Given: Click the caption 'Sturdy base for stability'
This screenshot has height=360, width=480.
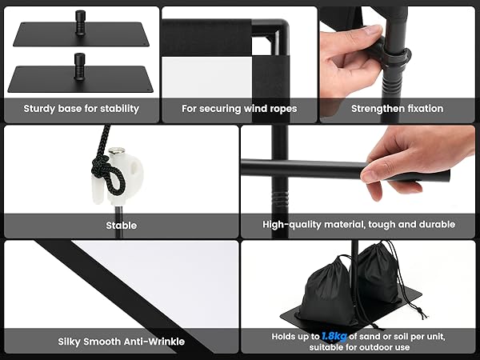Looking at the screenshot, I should (81, 109).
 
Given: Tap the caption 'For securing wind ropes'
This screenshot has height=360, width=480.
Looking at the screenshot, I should (239, 109).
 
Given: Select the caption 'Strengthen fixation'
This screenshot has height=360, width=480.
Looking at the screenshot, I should (397, 109).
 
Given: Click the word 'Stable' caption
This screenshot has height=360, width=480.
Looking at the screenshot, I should (122, 226).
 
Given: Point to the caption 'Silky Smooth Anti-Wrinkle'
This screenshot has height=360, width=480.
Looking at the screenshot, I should (122, 342).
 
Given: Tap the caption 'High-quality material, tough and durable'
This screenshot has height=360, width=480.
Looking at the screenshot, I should (358, 226).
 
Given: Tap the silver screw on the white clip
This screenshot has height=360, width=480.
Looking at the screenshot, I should (118, 152).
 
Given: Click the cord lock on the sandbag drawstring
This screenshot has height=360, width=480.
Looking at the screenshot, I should (414, 305).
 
